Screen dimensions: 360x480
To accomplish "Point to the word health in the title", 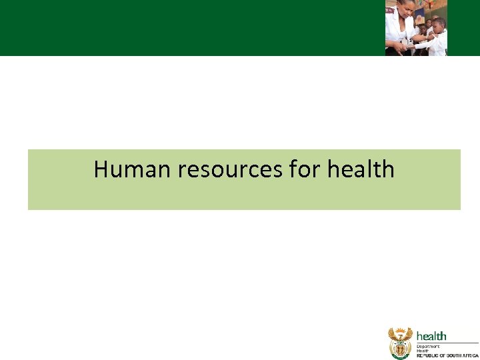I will [361, 169].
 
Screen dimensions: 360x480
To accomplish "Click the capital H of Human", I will [101, 169].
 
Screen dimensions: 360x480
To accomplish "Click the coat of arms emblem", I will [400, 343].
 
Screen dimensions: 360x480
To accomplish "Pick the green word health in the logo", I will [431, 336].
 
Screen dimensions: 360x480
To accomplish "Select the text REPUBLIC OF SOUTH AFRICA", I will [447, 356].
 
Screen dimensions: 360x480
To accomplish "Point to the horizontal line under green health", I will [447, 343].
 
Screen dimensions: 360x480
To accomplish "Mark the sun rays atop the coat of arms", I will [400, 330].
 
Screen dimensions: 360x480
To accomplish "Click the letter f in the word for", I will [294, 169].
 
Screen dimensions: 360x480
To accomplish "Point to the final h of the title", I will [387, 169].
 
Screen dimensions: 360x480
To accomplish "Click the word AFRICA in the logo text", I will [471, 356].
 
